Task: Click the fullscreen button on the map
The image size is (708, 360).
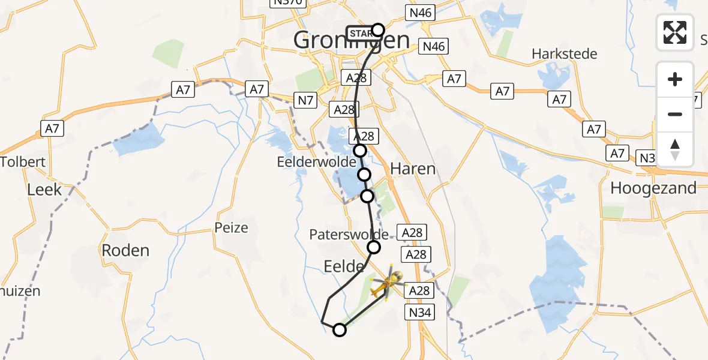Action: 675,32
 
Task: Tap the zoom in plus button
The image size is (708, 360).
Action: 675,79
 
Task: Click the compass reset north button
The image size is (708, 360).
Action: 675,149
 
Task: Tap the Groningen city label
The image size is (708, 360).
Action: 352,41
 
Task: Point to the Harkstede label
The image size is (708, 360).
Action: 565,54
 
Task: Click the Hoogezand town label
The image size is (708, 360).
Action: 653,188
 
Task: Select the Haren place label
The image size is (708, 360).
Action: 413,169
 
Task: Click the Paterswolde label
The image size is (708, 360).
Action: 349,235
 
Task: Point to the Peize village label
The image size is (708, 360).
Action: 231,228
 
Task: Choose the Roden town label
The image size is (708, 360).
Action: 125,250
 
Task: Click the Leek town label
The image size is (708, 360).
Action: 44,190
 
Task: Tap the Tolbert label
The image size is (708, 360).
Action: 23,162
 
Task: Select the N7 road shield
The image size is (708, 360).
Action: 305,100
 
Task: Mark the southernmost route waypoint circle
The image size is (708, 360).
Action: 340,329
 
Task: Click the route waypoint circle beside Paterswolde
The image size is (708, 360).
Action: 374,247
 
